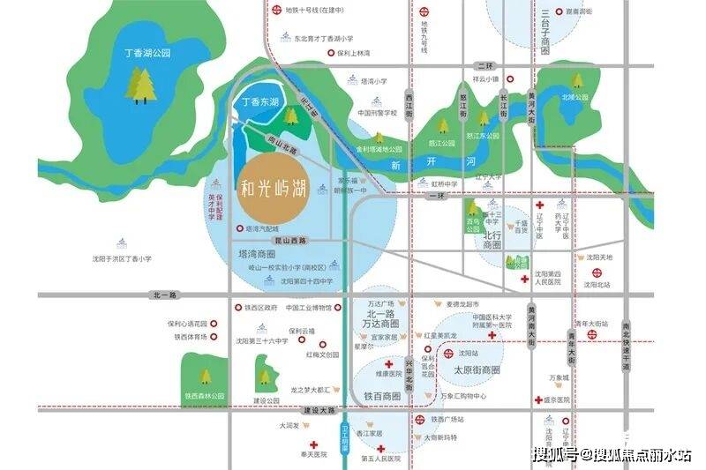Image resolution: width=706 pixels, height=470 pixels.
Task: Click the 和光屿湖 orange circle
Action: [274, 188]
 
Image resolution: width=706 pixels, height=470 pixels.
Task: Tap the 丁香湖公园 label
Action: [148, 54]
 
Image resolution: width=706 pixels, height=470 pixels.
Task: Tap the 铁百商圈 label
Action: [382, 397]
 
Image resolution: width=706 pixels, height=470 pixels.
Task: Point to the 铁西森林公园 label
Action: [205, 397]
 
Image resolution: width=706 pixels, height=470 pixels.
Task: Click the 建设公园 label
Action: [266, 400]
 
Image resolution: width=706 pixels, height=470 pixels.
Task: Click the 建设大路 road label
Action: [319, 411]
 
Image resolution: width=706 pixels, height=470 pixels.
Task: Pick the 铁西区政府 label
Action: [261, 308]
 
